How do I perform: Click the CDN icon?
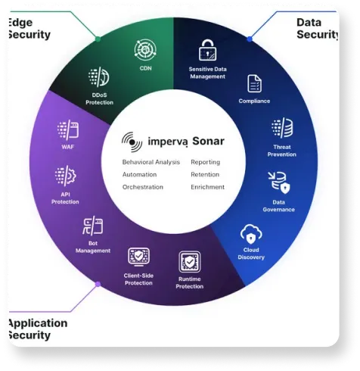[145, 50]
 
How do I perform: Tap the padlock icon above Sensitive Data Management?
[207, 50]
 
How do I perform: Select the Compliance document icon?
[254, 83]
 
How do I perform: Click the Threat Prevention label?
[282, 151]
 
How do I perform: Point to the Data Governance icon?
[279, 182]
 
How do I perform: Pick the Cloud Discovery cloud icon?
[251, 234]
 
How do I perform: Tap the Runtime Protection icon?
[190, 262]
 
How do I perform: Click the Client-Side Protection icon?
[138, 257]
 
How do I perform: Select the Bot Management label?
[93, 247]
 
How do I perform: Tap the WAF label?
[68, 147]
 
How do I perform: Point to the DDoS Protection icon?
[99, 76]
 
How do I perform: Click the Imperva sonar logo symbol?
[132, 142]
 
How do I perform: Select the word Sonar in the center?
[208, 141]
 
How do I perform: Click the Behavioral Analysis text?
[151, 162]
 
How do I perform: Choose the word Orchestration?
[143, 187]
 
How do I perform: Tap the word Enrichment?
[207, 187]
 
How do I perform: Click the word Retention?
[205, 174]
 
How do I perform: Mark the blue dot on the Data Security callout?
[250, 39]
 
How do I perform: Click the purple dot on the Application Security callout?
[98, 285]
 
